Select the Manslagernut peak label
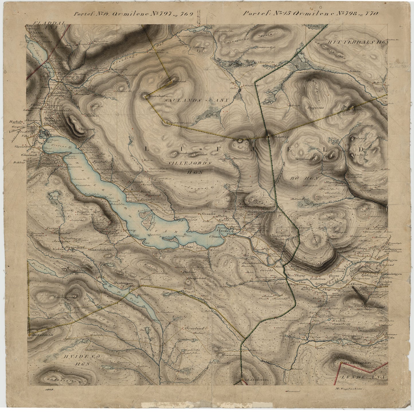tap(62, 297)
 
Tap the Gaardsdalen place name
tap(106, 249)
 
